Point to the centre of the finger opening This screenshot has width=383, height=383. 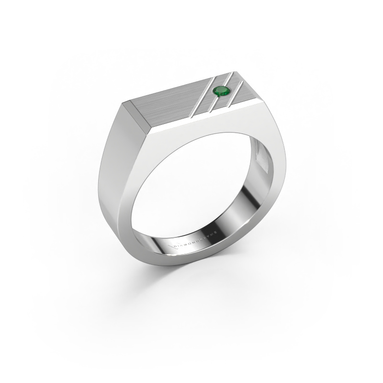click(x=191, y=191)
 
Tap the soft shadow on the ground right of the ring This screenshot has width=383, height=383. click(x=287, y=268)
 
